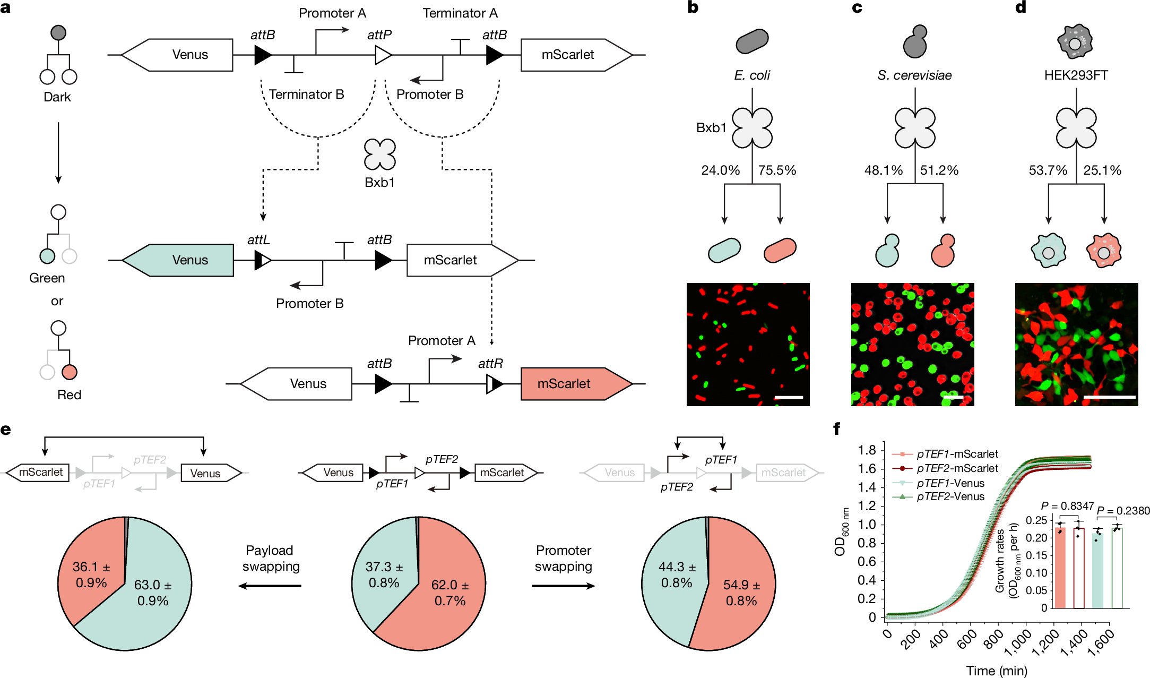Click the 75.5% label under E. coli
[776, 170]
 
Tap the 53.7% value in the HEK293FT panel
[1048, 170]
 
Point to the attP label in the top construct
[379, 35]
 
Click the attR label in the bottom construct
[490, 364]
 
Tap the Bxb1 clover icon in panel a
[380, 155]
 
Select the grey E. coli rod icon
[752, 41]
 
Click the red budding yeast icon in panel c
[943, 251]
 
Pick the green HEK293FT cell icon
[1048, 250]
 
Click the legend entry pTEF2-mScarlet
[957, 468]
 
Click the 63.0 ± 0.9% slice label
[152, 593]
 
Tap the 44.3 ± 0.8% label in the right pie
[677, 574]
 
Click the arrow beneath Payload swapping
[270, 586]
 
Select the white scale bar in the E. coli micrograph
[788, 397]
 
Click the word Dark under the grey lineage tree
[57, 97]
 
